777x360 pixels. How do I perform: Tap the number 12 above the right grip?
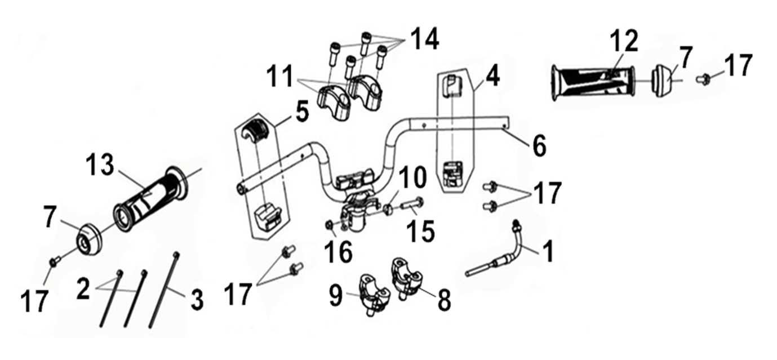[x=624, y=41]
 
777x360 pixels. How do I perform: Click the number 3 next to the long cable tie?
[x=197, y=299]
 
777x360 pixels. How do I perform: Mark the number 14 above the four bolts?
[x=425, y=39]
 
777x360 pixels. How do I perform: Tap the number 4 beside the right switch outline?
[x=492, y=77]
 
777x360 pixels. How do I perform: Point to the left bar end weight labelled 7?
[x=89, y=241]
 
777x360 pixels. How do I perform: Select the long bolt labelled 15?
[x=412, y=206]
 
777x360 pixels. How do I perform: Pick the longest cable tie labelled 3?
[x=163, y=290]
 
